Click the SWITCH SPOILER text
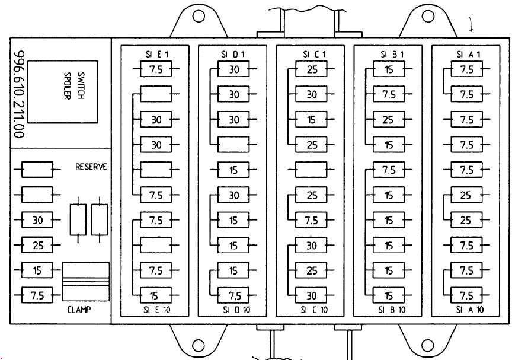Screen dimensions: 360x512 click(x=74, y=87)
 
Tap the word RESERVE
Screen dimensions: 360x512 click(x=91, y=167)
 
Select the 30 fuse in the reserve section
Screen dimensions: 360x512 click(x=37, y=220)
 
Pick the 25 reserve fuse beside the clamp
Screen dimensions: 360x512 click(x=37, y=244)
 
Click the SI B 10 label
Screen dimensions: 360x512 click(x=389, y=310)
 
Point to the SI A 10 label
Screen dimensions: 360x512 click(x=466, y=310)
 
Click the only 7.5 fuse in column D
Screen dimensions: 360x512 click(x=234, y=295)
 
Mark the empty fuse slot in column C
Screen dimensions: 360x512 click(x=312, y=170)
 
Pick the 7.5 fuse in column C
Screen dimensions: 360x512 click(x=312, y=220)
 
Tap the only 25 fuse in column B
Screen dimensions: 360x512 click(x=389, y=120)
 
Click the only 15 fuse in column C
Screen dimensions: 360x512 click(x=312, y=120)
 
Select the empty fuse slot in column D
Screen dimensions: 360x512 click(x=234, y=145)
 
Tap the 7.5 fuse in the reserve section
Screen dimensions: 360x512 click(x=37, y=295)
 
